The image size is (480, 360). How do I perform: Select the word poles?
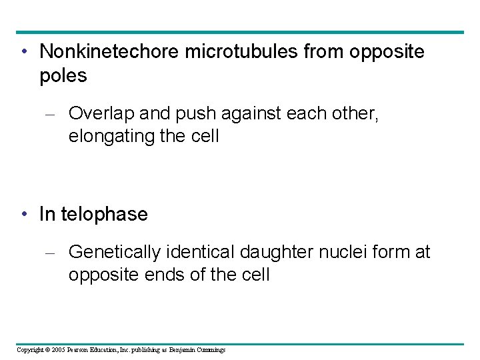click(63, 76)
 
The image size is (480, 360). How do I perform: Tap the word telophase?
click(104, 214)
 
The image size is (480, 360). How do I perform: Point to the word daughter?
click(275, 252)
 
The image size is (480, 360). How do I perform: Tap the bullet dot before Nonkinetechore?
click(24, 52)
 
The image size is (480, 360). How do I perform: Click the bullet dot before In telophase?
click(24, 215)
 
